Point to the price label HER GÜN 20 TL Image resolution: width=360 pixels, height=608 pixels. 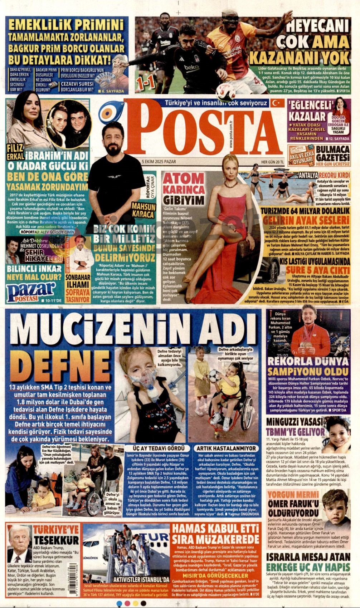(x=272, y=162)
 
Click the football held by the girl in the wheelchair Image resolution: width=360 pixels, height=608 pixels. (x=214, y=376)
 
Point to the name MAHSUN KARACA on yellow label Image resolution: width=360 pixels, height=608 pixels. (x=144, y=210)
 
